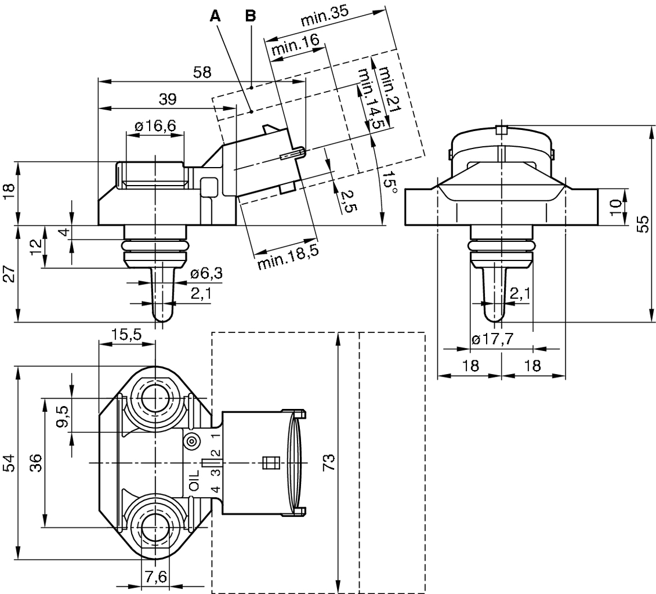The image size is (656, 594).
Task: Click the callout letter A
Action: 216,16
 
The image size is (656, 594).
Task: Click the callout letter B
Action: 250,16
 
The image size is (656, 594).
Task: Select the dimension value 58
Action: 202,73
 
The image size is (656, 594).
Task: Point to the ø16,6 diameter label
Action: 155,126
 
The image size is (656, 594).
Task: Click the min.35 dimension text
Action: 328,19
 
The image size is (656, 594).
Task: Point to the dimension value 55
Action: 642,223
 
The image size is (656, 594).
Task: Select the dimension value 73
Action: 329,462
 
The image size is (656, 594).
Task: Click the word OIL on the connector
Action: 194,481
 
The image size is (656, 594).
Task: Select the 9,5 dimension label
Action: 63,416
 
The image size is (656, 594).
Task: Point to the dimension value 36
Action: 35,462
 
